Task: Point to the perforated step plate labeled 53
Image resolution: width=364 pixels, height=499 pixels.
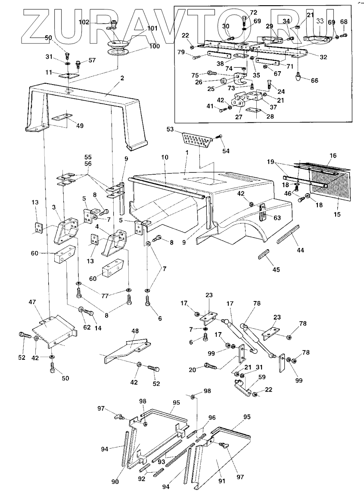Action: [197, 139]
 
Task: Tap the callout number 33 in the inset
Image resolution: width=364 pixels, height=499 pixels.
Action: [320, 20]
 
